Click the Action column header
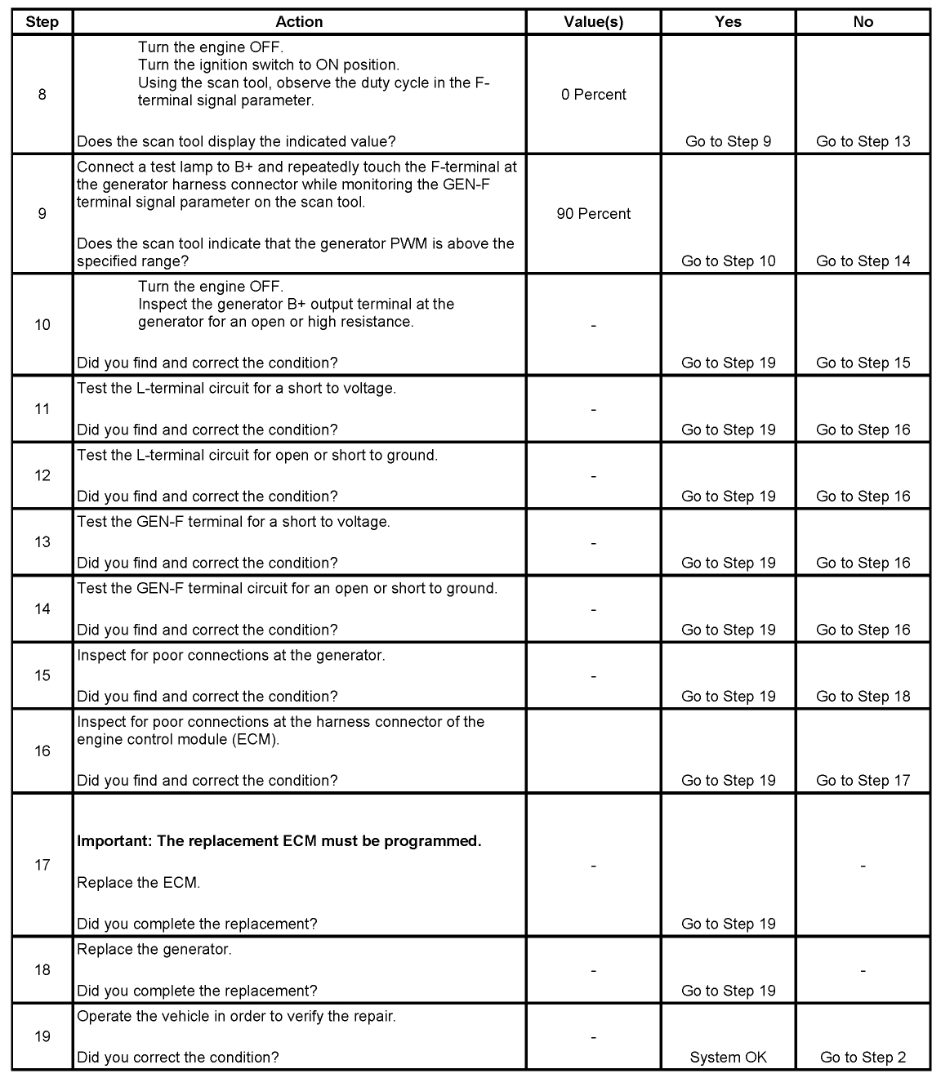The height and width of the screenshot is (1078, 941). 299,22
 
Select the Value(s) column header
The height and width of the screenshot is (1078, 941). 593,22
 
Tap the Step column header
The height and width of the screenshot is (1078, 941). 42,22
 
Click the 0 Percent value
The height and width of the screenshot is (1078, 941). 593,95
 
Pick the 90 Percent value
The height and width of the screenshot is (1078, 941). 593,214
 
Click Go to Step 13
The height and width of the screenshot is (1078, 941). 863,141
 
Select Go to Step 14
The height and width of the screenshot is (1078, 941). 863,261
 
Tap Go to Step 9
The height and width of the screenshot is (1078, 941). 728,141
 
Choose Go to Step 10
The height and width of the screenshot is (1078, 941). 728,261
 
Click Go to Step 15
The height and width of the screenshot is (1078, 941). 863,363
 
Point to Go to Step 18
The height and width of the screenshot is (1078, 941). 863,697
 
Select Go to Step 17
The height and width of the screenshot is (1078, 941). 863,781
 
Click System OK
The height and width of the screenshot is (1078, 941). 728,1058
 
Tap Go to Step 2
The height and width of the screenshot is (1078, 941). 863,1058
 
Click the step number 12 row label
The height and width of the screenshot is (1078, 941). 42,476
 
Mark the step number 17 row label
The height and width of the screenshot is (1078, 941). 42,865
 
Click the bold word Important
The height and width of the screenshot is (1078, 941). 110,841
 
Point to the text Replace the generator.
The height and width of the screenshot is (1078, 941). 154,950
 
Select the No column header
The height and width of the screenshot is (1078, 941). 863,22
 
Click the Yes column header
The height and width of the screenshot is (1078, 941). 728,22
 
